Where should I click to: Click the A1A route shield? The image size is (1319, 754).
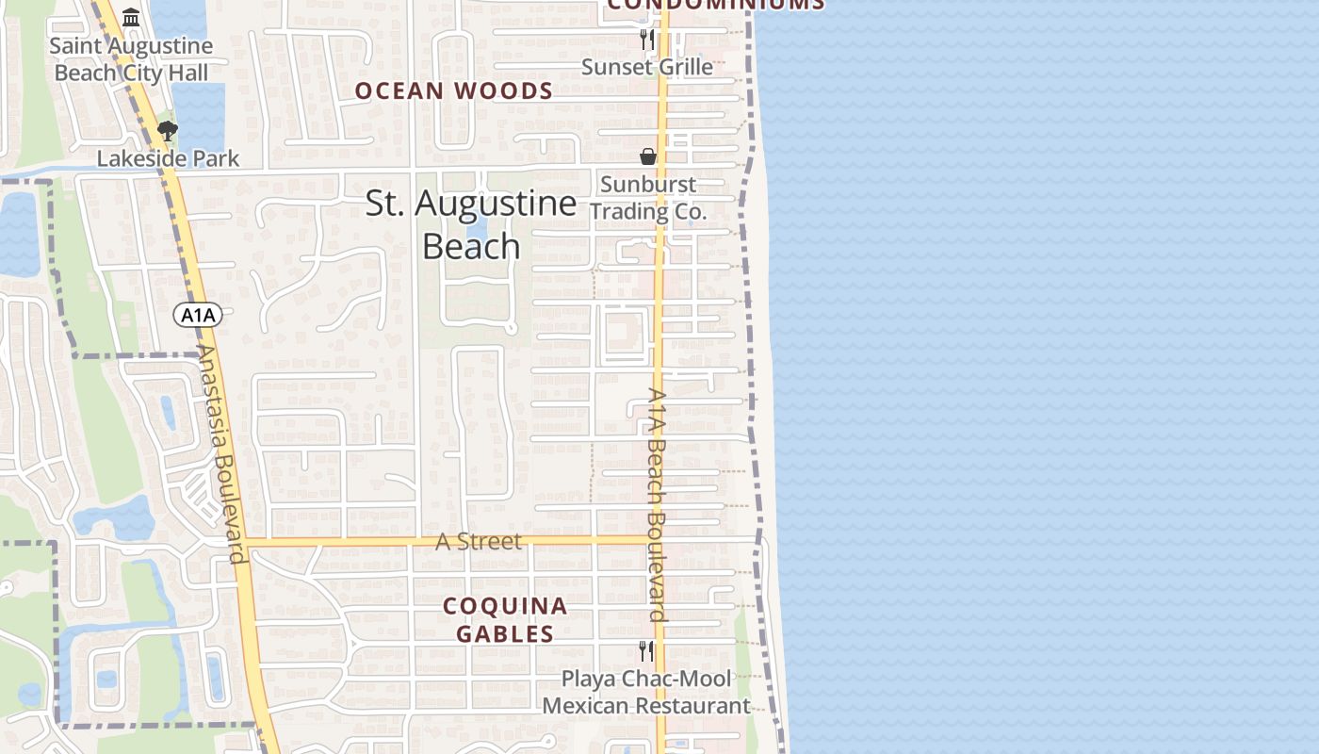[x=198, y=315]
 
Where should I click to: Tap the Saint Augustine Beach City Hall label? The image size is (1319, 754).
[x=131, y=59]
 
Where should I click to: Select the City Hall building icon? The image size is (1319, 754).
[x=131, y=18]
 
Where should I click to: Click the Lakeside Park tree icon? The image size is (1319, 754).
[x=168, y=131]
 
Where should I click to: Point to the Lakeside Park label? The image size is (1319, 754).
[x=169, y=158]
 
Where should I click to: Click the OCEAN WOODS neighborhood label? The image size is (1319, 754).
[x=453, y=91]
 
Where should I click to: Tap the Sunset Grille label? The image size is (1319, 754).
[x=647, y=67]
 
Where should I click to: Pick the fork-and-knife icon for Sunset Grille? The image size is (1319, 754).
[x=647, y=39]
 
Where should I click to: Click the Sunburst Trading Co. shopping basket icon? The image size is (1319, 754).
[x=648, y=156]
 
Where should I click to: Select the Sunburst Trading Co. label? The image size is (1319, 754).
[x=648, y=198]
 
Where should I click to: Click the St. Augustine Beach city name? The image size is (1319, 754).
[x=471, y=224]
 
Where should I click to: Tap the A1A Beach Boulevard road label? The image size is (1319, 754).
[x=658, y=504]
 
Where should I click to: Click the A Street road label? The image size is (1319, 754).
[x=479, y=542]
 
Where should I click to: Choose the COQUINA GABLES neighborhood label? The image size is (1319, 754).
[x=505, y=619]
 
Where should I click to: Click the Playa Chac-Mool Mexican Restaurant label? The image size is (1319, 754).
[x=646, y=692]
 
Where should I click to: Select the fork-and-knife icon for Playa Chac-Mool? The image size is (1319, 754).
[x=646, y=650]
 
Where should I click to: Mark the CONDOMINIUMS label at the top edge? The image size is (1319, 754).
[x=716, y=5]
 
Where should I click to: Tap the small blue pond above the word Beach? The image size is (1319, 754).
[x=478, y=228]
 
